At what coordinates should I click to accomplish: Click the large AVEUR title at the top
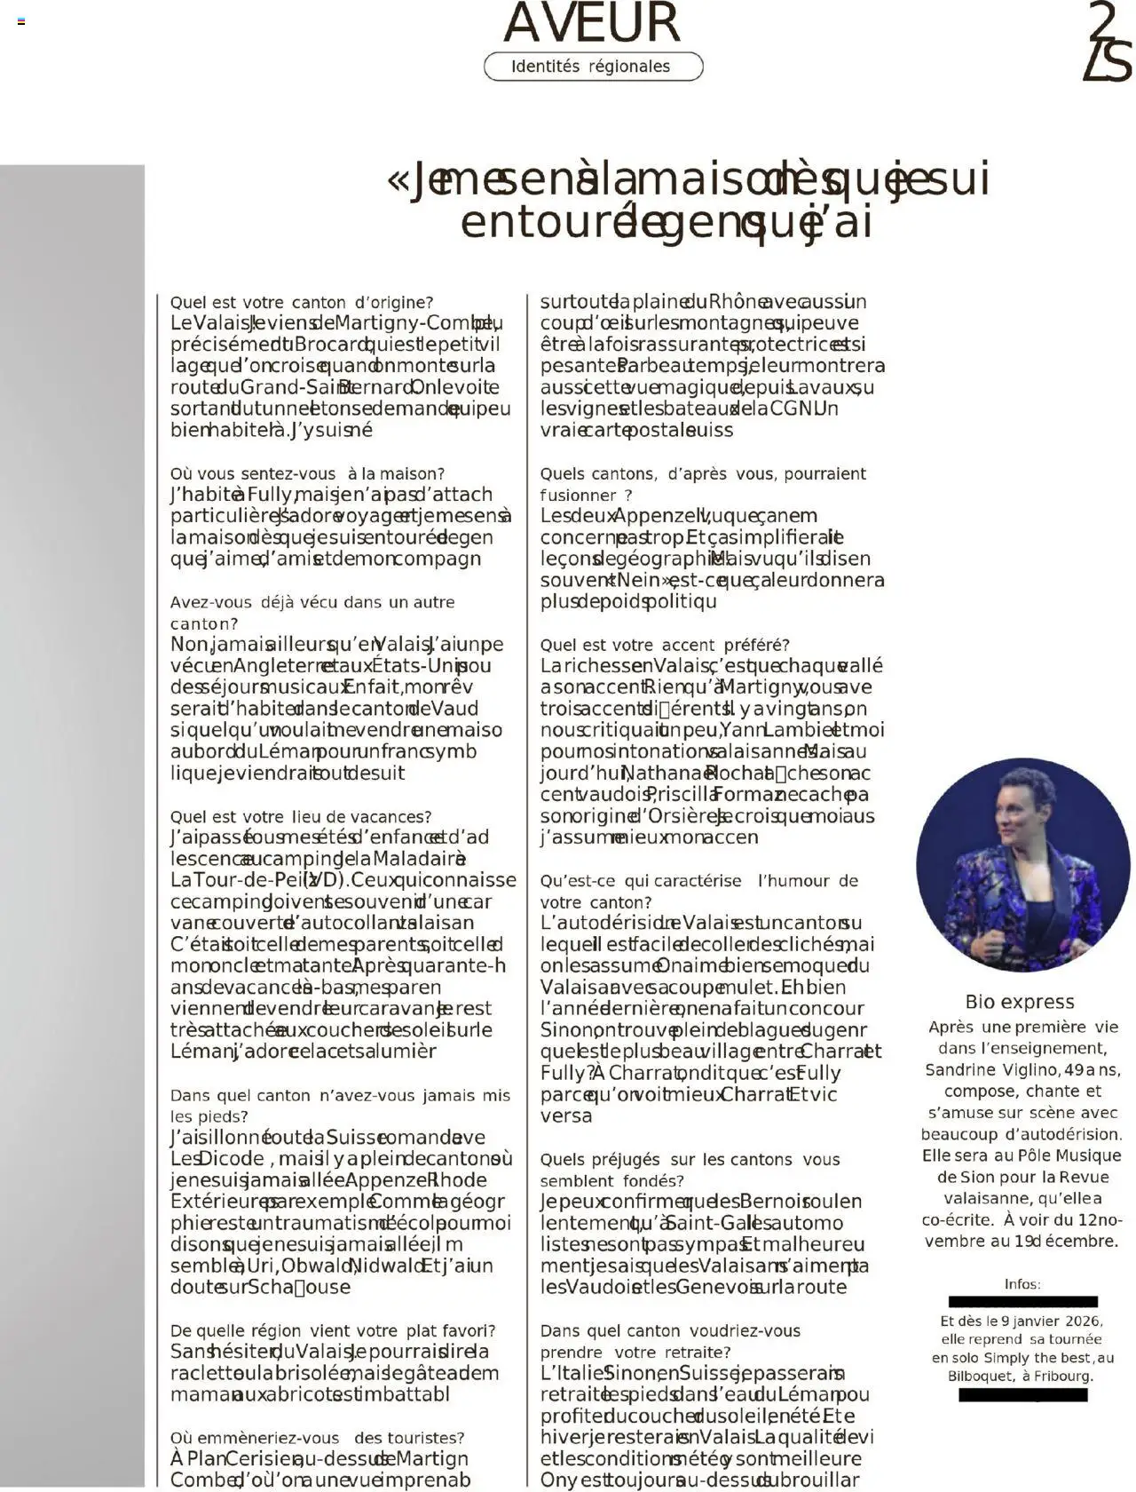coord(591,23)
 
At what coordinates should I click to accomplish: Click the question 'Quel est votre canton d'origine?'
coord(302,303)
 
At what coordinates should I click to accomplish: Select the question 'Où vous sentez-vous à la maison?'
coord(307,474)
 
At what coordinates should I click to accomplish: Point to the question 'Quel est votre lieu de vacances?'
coord(301,817)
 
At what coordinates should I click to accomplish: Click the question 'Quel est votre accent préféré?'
coord(665,646)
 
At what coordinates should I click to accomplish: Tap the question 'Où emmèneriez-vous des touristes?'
coord(317,1438)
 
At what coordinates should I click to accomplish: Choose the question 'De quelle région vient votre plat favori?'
coord(333,1331)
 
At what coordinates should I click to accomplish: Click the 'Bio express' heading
coord(1020,1002)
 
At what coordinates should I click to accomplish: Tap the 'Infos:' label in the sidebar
coord(1022,1284)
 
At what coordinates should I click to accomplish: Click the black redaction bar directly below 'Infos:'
coord(1022,1301)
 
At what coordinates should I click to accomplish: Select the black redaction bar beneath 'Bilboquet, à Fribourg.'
coord(1022,1395)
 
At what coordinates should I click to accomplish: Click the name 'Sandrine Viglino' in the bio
coord(983,1070)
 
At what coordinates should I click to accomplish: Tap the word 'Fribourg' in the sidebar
coord(1063,1377)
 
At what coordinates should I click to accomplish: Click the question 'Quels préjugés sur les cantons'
coord(690,1160)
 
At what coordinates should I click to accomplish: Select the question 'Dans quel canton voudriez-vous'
coord(670,1331)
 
